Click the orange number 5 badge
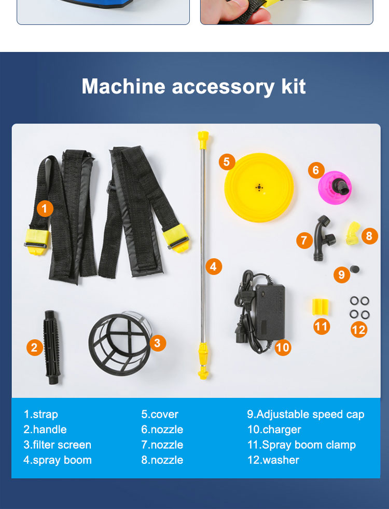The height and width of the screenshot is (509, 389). click(227, 162)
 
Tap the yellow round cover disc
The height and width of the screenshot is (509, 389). click(259, 187)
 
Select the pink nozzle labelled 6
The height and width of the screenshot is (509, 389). click(335, 187)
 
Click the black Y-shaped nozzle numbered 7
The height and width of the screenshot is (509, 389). click(323, 238)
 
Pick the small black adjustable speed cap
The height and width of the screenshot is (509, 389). click(355, 269)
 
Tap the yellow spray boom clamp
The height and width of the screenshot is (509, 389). click(320, 307)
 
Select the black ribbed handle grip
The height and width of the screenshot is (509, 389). click(52, 347)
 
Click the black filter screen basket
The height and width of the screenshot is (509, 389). click(120, 343)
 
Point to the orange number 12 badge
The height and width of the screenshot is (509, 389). click(358, 329)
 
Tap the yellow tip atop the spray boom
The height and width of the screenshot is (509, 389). click(203, 139)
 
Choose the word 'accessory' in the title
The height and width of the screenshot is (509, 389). click(223, 87)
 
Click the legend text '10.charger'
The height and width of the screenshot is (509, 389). click(274, 430)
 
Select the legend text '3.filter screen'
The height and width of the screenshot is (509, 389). click(58, 445)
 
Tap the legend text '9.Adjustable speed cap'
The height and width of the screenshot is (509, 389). click(305, 414)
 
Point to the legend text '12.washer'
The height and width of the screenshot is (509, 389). click(273, 460)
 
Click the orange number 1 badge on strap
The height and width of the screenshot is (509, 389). click(45, 208)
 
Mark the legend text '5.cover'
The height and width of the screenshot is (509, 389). click(160, 414)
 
